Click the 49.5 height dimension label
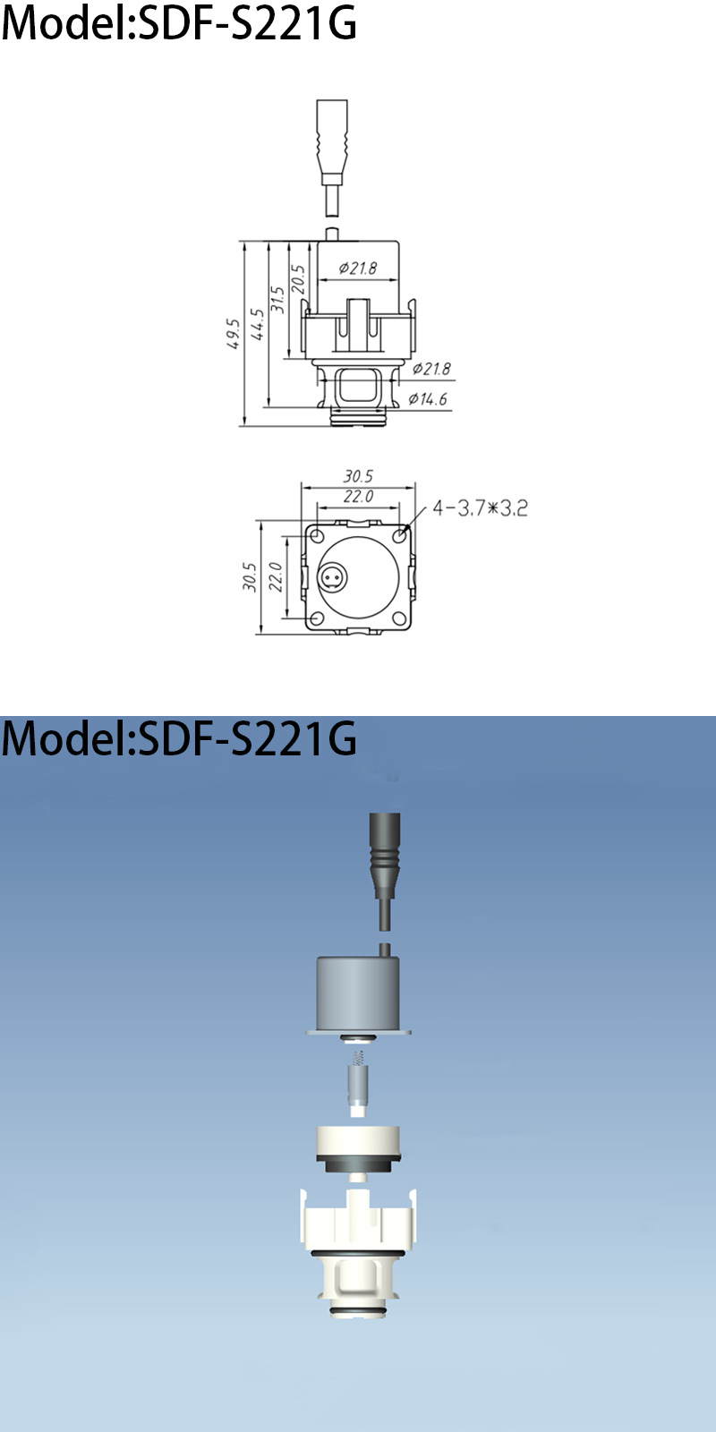(x=234, y=333)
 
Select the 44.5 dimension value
(x=258, y=324)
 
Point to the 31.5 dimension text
(x=278, y=299)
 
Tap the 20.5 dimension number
(x=299, y=278)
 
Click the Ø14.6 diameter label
(x=428, y=399)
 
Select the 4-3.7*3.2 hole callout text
(x=480, y=508)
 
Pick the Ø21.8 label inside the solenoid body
(x=358, y=268)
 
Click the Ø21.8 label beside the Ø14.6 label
(x=431, y=369)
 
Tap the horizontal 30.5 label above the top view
(x=358, y=477)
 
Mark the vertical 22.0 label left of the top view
(x=277, y=577)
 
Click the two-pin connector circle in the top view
(x=333, y=577)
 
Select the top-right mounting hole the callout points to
(x=399, y=537)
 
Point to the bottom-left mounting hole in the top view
(x=317, y=618)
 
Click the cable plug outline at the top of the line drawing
(x=332, y=141)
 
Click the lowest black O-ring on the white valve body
(x=358, y=1312)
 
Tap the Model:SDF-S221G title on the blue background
(x=179, y=739)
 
